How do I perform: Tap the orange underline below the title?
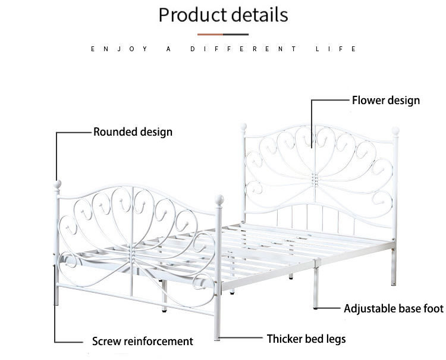(x=222, y=35)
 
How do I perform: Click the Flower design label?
(x=386, y=100)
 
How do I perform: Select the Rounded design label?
(x=133, y=132)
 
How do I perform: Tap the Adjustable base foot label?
(x=394, y=308)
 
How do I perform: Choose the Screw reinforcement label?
(x=143, y=342)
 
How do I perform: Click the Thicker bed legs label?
(x=306, y=339)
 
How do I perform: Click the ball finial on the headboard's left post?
(x=243, y=127)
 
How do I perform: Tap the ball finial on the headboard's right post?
(x=395, y=130)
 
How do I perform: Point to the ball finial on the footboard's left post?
(x=57, y=184)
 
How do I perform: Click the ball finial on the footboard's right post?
(x=219, y=199)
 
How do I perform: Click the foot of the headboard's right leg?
(x=394, y=283)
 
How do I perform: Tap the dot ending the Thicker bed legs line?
(x=218, y=339)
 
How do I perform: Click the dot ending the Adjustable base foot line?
(x=315, y=308)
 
